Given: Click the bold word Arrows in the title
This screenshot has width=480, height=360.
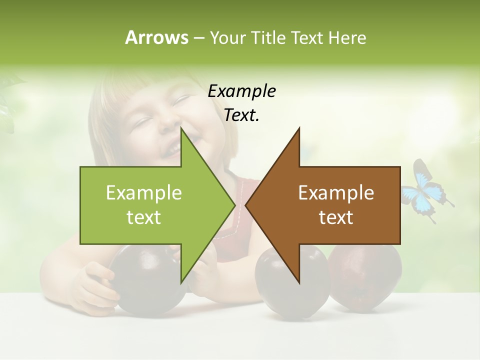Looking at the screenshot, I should (156, 37).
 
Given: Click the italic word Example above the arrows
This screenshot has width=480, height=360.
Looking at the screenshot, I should (241, 91).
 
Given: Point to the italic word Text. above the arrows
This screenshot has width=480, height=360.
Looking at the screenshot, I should (241, 115).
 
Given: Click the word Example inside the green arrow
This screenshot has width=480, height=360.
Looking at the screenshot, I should (144, 193).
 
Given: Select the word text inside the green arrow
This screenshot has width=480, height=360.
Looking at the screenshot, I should (144, 217).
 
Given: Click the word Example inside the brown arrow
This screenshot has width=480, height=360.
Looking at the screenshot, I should (336, 193).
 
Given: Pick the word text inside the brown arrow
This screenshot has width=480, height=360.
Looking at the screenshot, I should (336, 217).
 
